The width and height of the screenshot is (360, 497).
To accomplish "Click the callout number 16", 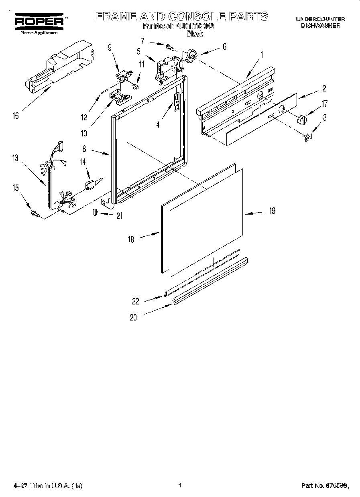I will pos(16,116).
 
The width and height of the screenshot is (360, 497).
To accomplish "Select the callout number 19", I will pos(272,211).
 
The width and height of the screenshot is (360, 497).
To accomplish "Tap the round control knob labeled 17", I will pos(301,119).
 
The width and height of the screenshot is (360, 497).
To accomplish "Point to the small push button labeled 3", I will pos(307,137).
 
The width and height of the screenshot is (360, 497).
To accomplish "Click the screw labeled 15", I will pos(34,215).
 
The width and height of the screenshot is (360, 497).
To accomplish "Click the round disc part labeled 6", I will pos(191,57).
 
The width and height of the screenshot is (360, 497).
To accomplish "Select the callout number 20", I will pos(133,318).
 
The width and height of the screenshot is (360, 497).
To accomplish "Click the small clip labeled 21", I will pos(96,212).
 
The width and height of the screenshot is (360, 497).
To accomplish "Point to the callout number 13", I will pos(15,158).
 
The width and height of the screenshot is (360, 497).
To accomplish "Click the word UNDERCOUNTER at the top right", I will pos(320,19).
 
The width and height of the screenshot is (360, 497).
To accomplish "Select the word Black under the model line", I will pos(195,34).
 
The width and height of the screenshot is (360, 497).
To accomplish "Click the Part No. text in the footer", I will pos(323,486).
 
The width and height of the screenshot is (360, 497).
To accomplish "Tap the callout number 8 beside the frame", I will pos(85,148).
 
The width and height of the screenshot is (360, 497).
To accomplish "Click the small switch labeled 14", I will pos(90,185).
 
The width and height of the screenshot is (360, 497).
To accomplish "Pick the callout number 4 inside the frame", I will pos(158,125).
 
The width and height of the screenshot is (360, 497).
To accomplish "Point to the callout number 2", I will pos(324,89).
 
